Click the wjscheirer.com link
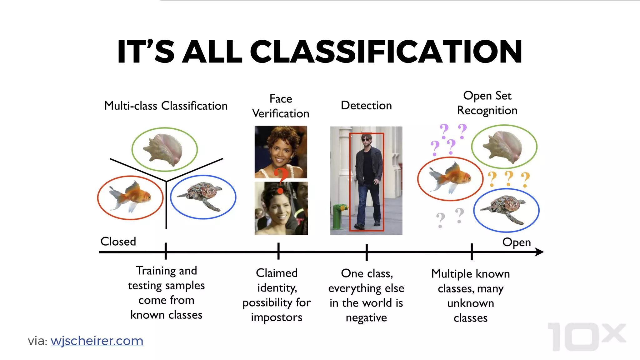point(97,341)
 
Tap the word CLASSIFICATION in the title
point(386,52)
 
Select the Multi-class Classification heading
point(166,106)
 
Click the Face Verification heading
point(281,106)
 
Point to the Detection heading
point(366,106)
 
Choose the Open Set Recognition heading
point(487,103)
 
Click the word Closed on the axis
point(118,242)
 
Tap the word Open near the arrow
point(516,242)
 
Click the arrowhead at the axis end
point(539,252)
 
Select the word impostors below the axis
point(277,317)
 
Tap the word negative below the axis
point(366,318)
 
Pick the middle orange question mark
point(509,178)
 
